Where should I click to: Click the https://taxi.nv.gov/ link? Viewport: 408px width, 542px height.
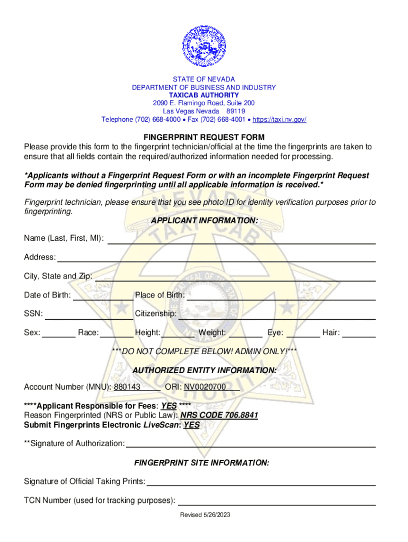click(x=279, y=120)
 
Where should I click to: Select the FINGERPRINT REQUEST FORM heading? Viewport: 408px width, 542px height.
click(x=204, y=137)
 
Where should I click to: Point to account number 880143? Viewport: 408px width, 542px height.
click(x=127, y=387)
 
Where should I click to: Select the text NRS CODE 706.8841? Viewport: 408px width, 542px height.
click(x=219, y=415)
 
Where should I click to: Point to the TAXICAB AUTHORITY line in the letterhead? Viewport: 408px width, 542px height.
click(x=204, y=95)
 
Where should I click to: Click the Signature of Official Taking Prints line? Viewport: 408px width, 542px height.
click(x=261, y=483)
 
